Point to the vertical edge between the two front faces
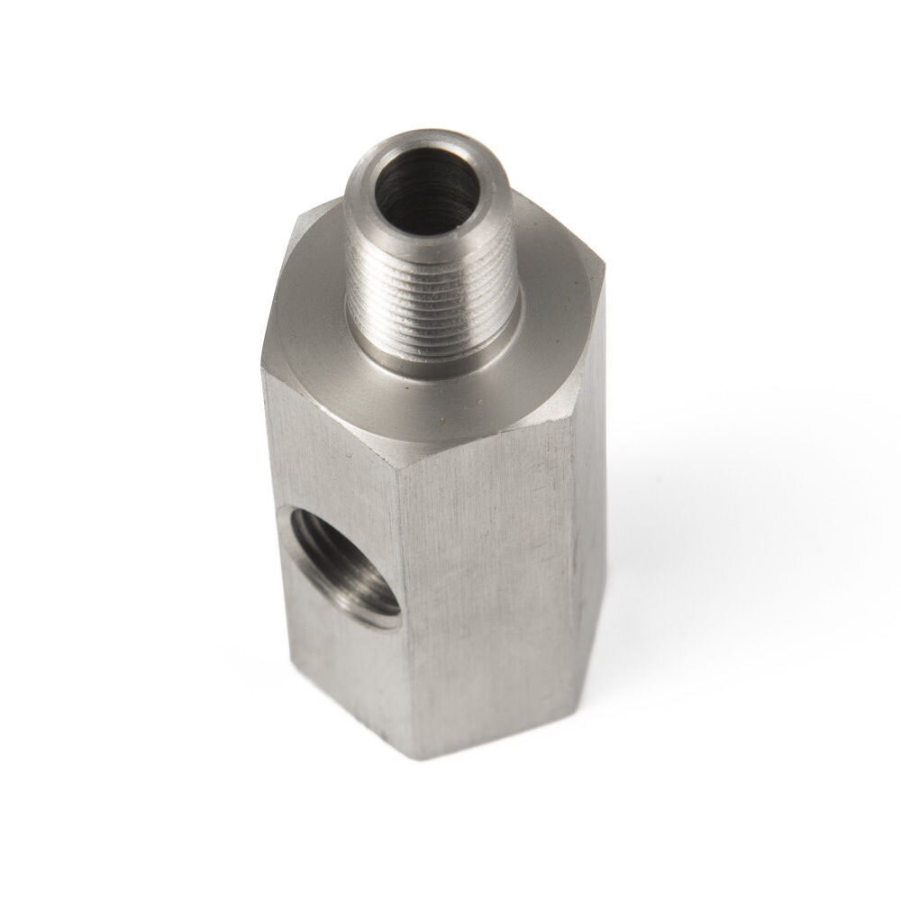(396, 586)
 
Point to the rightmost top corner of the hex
(602, 265)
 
